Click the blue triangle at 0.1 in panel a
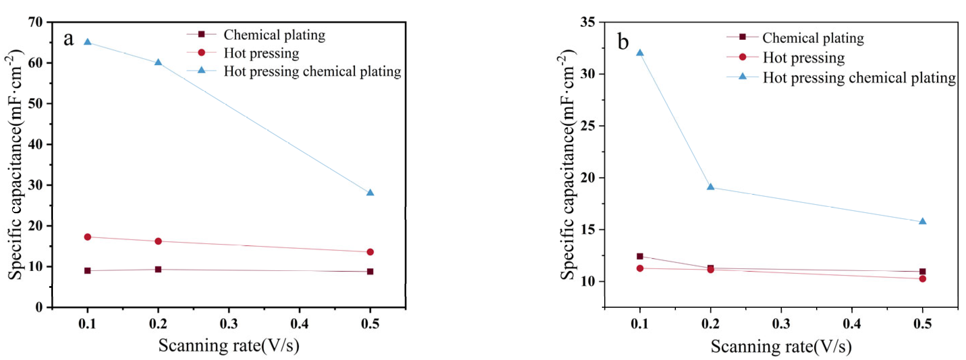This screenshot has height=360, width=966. point(87,41)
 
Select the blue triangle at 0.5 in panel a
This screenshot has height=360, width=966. point(370,193)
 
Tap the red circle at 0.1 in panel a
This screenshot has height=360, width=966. point(87,237)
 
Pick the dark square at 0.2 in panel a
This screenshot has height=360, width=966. point(158,269)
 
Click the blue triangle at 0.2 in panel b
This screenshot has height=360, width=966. point(710,187)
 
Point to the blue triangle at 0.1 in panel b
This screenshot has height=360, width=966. point(640,53)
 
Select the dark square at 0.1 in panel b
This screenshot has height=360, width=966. point(640,256)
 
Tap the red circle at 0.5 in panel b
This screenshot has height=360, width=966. point(922,279)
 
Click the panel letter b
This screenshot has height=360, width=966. point(623,41)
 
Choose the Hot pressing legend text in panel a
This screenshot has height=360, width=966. point(261,53)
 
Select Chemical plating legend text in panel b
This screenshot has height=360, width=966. point(813,38)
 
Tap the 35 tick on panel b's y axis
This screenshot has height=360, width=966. point(588,22)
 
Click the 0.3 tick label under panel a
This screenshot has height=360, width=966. point(229,324)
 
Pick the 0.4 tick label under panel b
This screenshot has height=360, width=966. point(852,324)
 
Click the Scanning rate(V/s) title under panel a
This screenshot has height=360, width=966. point(229,345)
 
